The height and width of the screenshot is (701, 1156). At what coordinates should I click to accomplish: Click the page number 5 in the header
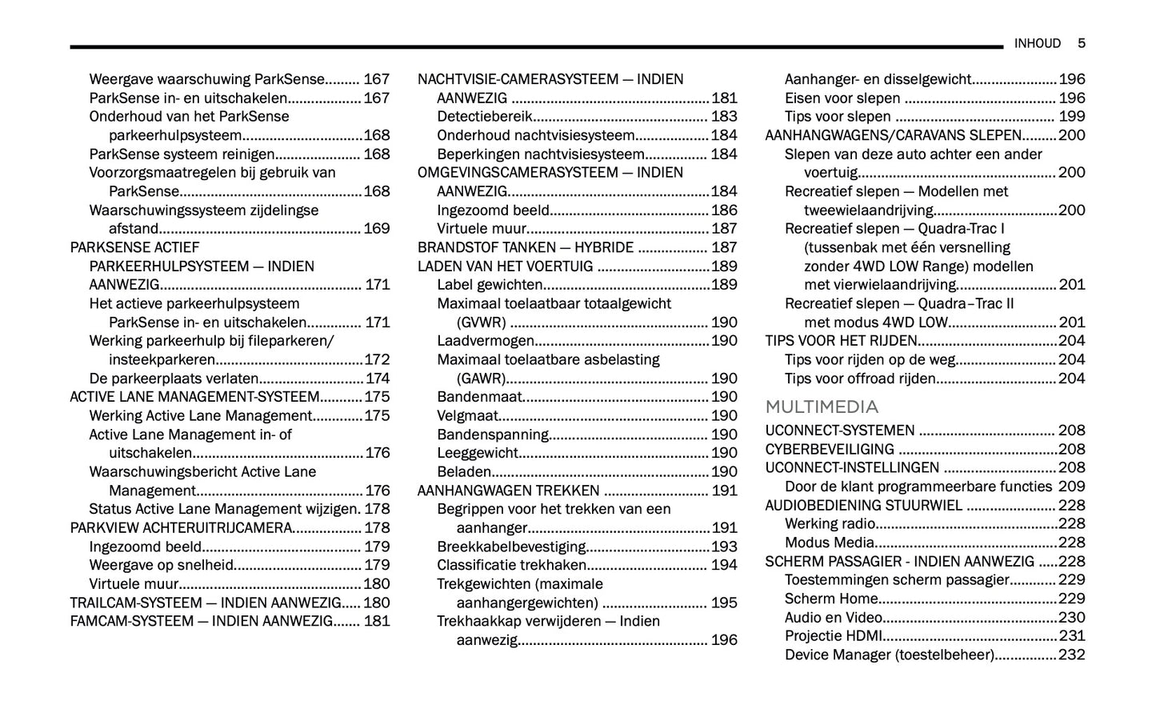coord(1081,43)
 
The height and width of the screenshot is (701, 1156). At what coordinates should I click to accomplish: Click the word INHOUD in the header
coord(1037,43)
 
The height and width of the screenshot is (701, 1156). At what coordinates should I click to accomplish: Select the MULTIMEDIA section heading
coord(822,407)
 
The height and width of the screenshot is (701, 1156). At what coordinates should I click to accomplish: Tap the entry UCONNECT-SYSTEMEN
coord(839,431)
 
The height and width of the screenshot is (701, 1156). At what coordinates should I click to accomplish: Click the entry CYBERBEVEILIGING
coord(830,449)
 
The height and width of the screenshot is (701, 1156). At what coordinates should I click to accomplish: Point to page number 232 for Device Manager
coord(1071,655)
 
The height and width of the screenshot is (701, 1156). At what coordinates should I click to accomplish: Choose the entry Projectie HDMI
coord(834,636)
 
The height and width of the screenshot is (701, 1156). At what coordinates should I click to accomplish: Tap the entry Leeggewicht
coord(478,453)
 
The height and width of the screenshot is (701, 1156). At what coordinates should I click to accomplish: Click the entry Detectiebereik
coord(484,117)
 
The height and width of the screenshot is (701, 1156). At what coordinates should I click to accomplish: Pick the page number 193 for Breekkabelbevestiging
coord(724,547)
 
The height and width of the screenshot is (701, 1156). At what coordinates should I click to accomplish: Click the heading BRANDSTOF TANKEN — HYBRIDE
coord(526,248)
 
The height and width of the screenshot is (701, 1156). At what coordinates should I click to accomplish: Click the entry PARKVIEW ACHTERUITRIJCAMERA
coord(181,528)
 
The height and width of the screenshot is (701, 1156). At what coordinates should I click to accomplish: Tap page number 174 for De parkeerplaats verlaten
coord(377,379)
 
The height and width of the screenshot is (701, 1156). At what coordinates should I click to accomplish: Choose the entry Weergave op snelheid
coord(161,565)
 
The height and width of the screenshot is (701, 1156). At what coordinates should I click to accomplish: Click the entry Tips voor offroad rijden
coord(860,379)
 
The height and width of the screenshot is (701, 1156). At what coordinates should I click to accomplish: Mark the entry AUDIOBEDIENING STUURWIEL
coord(863,505)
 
